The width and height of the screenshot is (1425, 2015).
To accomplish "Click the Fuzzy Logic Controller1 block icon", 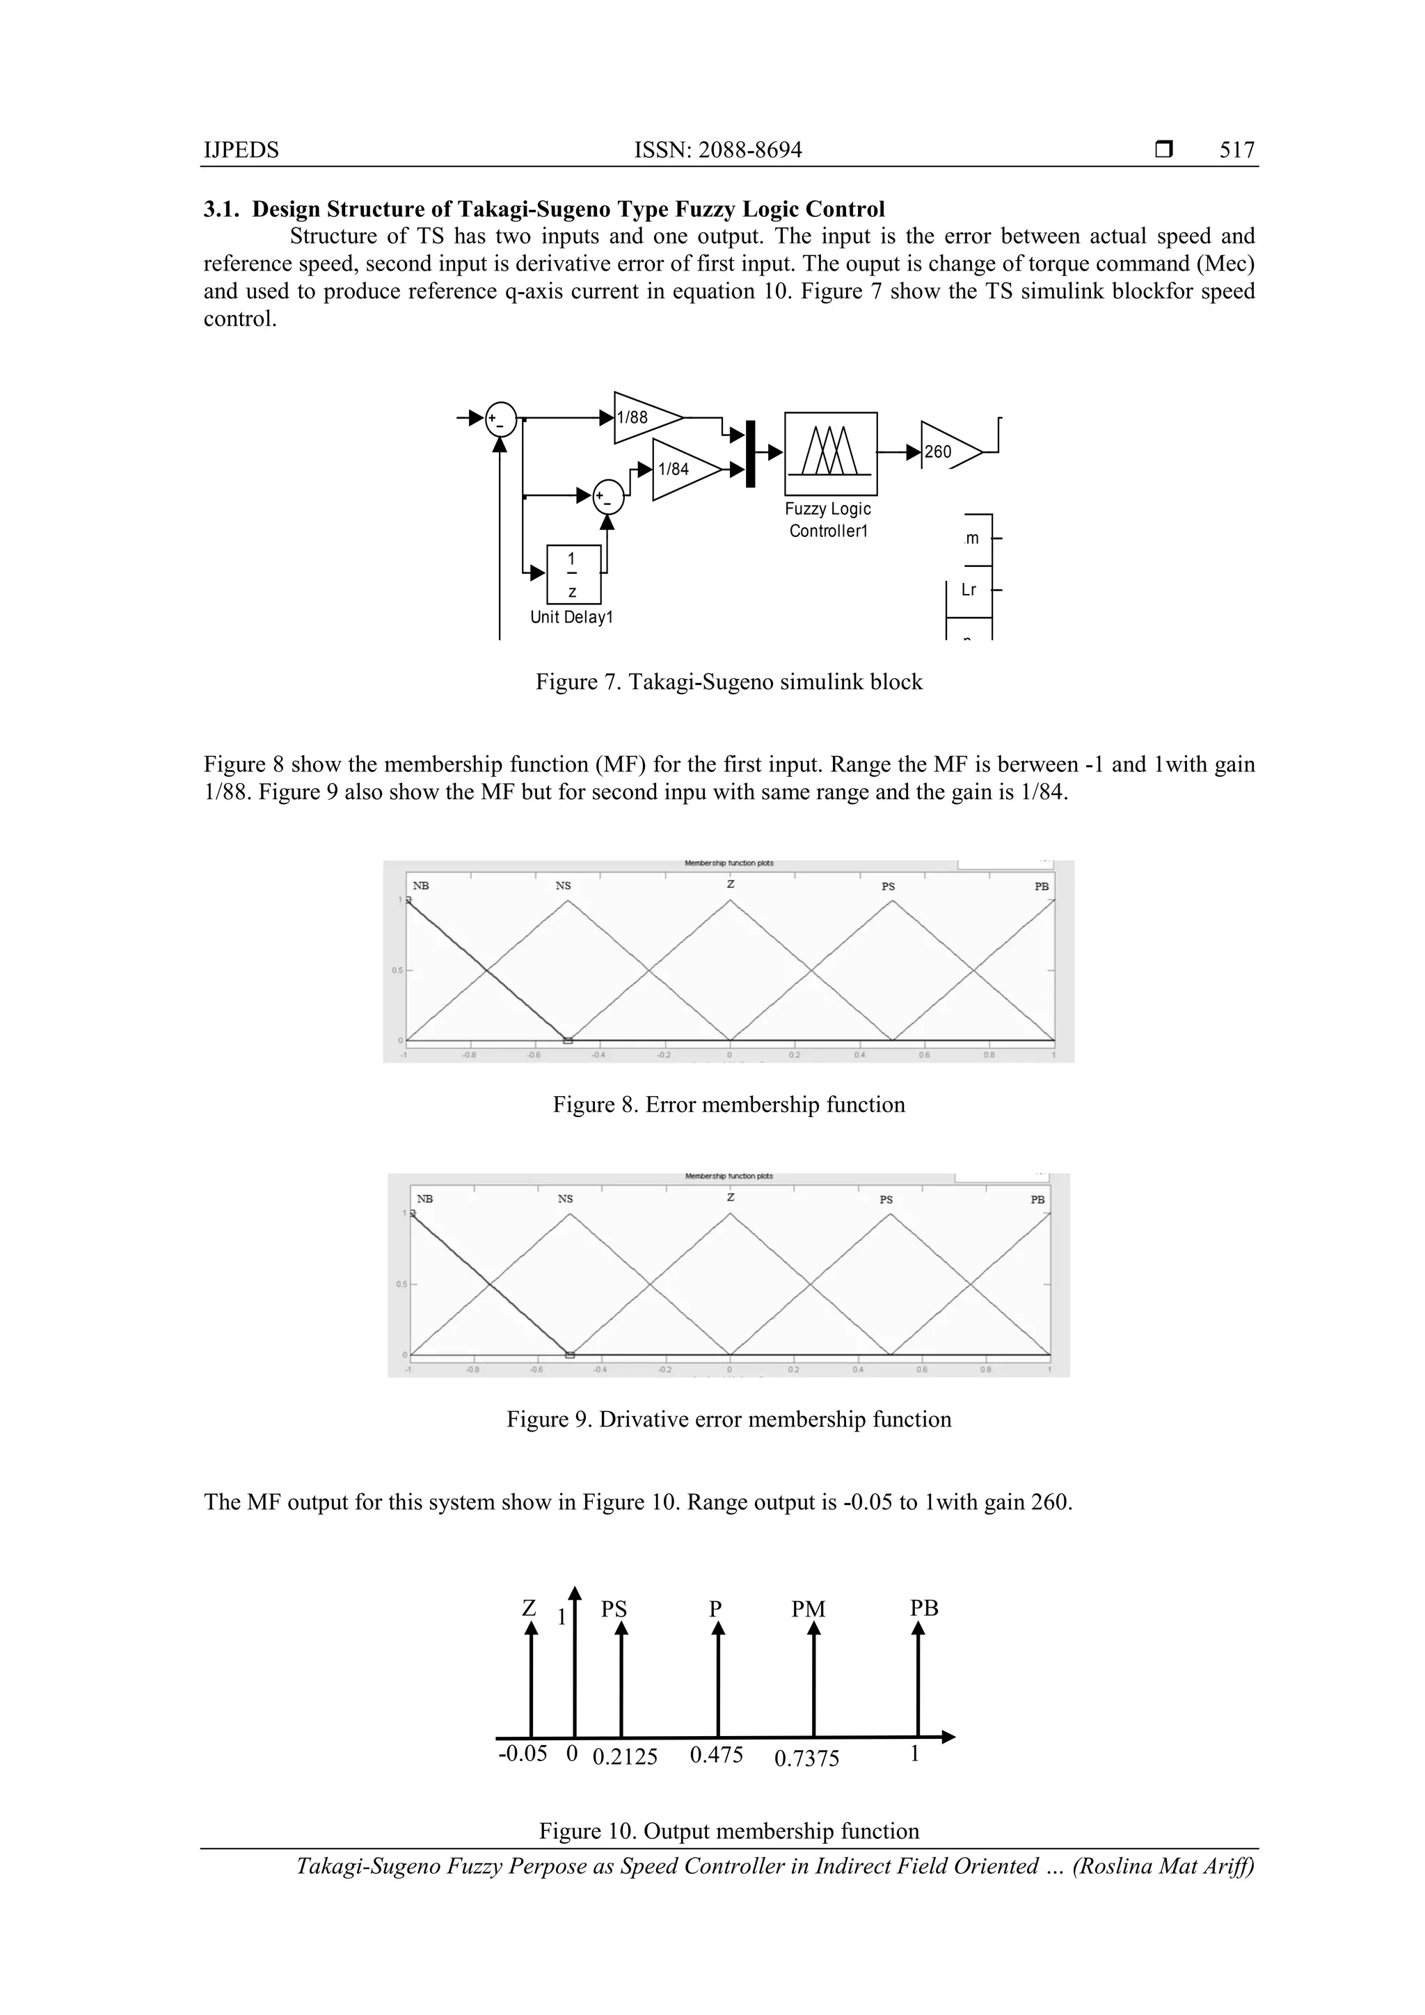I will point(829,453).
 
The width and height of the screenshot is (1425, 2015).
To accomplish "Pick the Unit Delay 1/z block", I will point(573,575).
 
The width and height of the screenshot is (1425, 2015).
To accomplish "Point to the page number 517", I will point(1236,150).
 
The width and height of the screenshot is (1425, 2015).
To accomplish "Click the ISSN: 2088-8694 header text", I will point(717,150).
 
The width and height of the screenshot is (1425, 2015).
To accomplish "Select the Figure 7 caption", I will point(729,682).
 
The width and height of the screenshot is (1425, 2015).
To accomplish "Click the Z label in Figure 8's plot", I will point(730,884).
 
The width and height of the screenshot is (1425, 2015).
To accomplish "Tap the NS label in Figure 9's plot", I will point(566,1199).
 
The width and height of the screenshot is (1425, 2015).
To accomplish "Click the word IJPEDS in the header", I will point(241,150).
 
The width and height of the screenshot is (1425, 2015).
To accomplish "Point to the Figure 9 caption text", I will point(729,1419).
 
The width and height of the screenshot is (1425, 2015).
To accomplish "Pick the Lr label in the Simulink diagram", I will point(969,590).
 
